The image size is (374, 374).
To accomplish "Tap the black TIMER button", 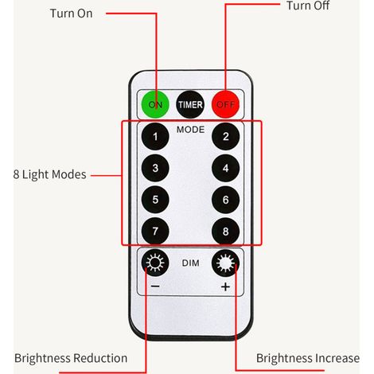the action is coord(190,104).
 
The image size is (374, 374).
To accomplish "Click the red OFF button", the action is coord(225,104).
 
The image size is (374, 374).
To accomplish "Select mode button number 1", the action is coord(155,136).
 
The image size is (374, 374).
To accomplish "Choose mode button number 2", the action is coord(226,136).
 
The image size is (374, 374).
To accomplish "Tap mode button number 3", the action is coord(155,168).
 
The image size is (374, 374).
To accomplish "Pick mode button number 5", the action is coord(155,200).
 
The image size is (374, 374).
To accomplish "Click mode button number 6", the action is coord(226,200).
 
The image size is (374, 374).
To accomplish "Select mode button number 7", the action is coord(155,231).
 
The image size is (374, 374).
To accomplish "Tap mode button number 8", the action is coord(226,231).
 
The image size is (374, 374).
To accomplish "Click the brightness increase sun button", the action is coord(226,263).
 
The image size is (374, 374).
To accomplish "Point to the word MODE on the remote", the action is coord(190,130).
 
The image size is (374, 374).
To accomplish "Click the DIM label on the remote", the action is coord(190,263).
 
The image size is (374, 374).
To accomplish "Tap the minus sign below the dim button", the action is coord(155,286).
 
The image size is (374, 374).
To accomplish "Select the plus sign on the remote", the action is coord(225,286).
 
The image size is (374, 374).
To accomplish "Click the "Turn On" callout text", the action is coord(71,14).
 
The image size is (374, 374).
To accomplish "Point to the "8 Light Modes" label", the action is coord(49,174).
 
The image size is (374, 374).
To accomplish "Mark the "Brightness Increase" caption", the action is coord(308,358).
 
